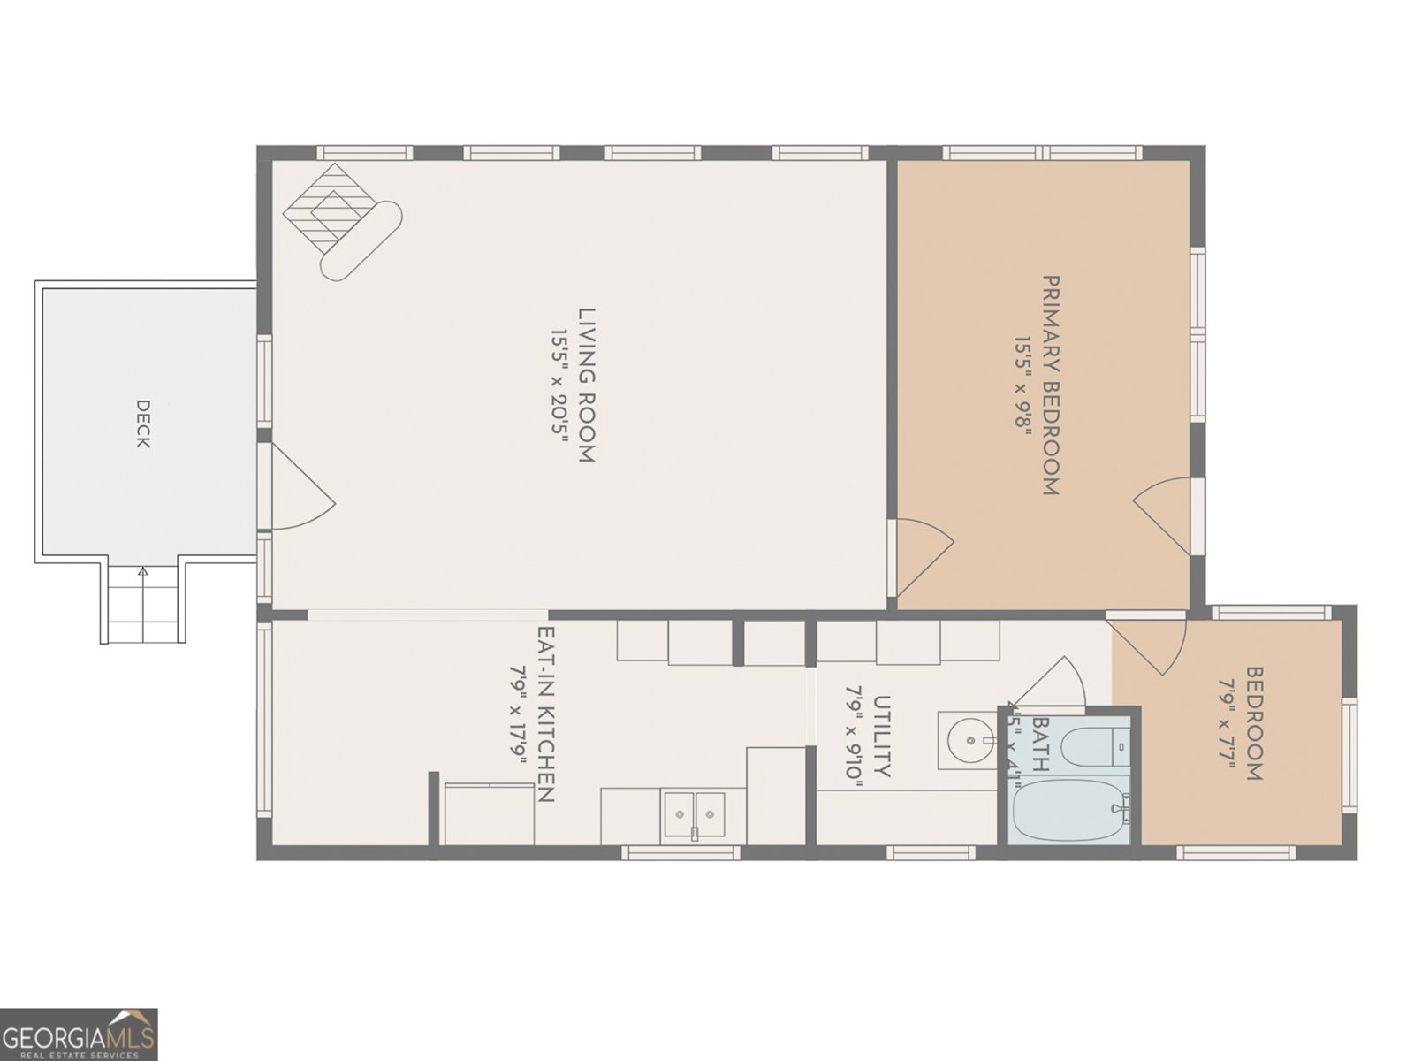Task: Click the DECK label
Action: tap(142, 424)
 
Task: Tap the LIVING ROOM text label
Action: tap(587, 385)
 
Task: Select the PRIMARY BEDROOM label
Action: tap(1051, 385)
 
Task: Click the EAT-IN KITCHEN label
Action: tap(545, 714)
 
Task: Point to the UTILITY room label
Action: tap(881, 736)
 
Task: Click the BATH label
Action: tap(1040, 744)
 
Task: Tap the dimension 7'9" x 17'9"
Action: tap(518, 714)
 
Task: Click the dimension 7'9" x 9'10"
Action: tap(854, 732)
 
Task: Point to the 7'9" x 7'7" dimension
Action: tap(1226, 724)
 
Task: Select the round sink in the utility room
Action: tap(968, 738)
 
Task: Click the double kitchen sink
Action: tap(694, 814)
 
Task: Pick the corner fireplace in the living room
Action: tap(340, 221)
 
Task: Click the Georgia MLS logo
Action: tap(79, 1034)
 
